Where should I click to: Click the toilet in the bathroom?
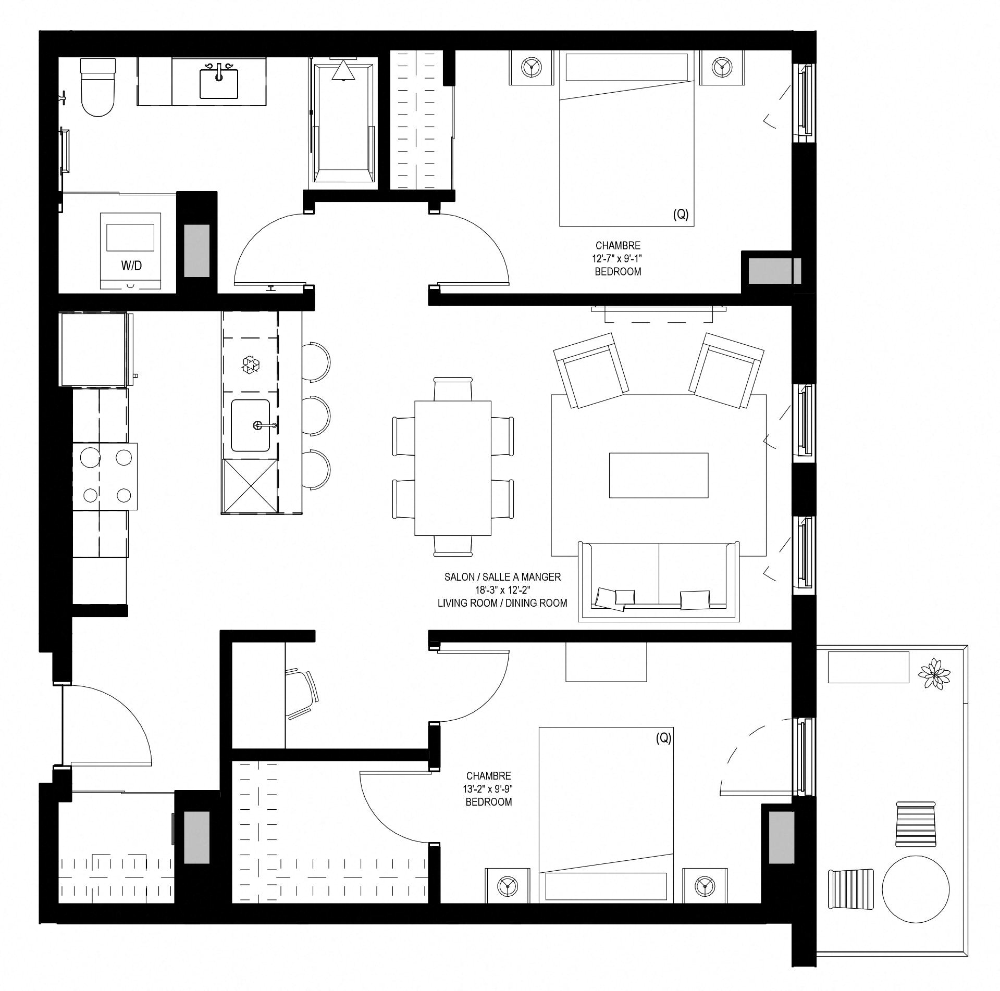click(97, 86)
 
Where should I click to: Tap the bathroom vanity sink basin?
click(219, 83)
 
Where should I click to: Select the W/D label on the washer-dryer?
click(131, 266)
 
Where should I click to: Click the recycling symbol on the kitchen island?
click(251, 364)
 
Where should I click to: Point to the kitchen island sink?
click(251, 425)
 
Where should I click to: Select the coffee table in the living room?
click(659, 475)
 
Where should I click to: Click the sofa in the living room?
click(659, 581)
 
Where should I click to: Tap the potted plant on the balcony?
click(934, 674)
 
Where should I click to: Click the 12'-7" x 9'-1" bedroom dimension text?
click(618, 258)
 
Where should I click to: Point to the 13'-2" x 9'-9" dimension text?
click(489, 789)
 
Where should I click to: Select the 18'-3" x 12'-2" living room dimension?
click(502, 590)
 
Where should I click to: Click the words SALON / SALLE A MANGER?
click(502, 577)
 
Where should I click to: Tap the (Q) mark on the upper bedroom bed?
click(681, 214)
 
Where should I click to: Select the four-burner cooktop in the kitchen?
click(105, 476)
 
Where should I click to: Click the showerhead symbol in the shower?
click(343, 70)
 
